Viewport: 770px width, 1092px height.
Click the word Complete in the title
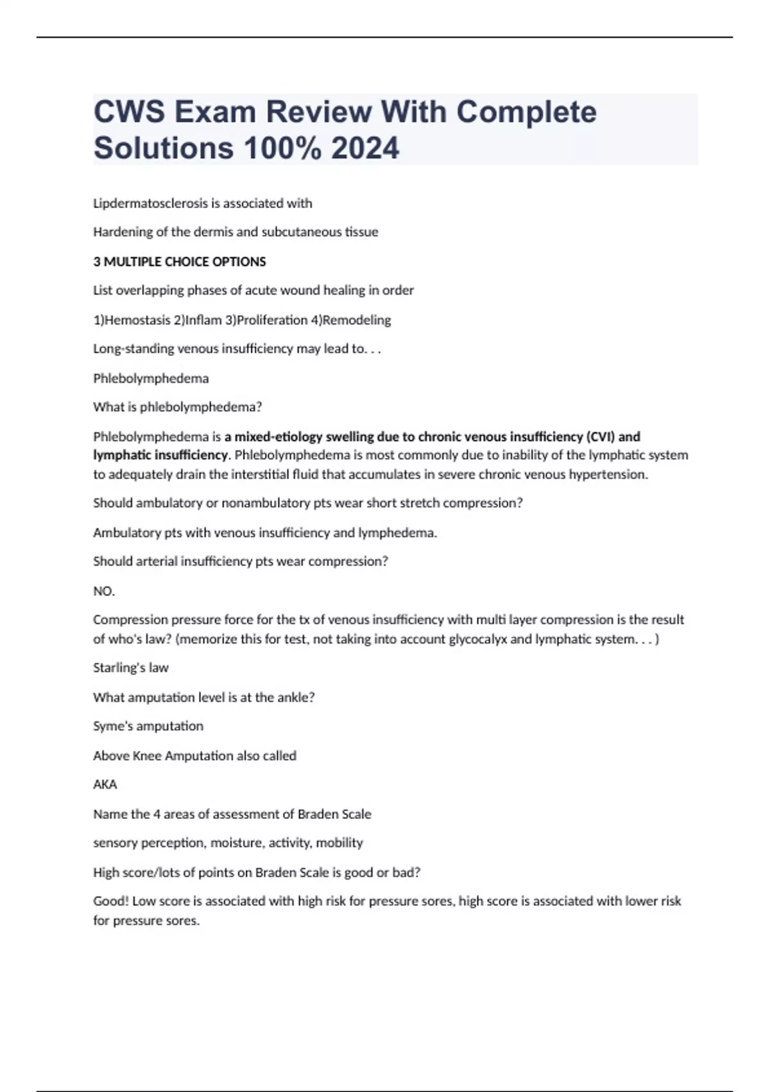526,112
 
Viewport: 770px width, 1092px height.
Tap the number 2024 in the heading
365,148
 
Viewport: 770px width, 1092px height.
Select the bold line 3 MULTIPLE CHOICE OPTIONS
180,261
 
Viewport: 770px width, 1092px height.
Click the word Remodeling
357,320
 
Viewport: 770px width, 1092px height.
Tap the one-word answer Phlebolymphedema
151,378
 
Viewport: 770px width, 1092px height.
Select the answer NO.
103,591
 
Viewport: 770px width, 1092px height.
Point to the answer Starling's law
131,668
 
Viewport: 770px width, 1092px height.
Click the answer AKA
105,784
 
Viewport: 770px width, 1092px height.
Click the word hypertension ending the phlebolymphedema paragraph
613,475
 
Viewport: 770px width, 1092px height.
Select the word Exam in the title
215,112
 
